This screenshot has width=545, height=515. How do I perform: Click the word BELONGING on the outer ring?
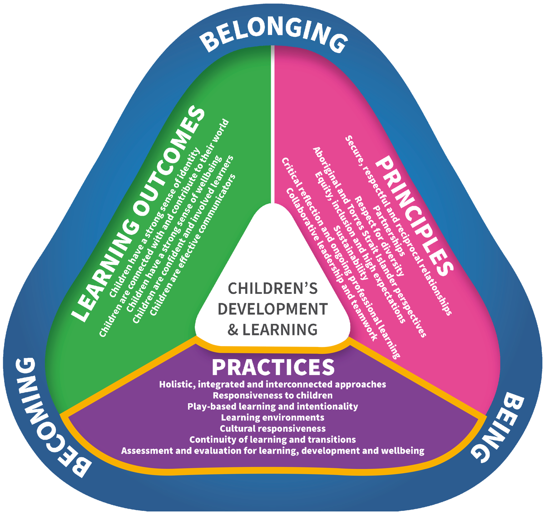coord(272,36)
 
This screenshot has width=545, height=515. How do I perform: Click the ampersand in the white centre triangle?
coord(233,329)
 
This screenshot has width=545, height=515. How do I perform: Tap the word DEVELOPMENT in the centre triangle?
coord(272,309)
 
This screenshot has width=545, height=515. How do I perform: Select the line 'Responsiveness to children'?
coord(272,395)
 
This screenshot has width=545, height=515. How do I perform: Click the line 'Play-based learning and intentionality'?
coord(272,406)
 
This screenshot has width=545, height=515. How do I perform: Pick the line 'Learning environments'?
coord(272,417)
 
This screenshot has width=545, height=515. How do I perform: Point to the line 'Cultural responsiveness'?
coord(272,428)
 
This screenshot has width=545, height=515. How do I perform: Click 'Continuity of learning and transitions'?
coord(272,440)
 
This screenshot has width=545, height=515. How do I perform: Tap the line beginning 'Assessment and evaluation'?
coord(272,451)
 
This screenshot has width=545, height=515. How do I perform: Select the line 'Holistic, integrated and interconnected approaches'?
coord(272,384)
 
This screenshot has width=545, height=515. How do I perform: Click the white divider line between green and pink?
coord(273,127)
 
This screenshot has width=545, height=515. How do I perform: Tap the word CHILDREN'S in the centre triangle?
coord(272,289)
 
